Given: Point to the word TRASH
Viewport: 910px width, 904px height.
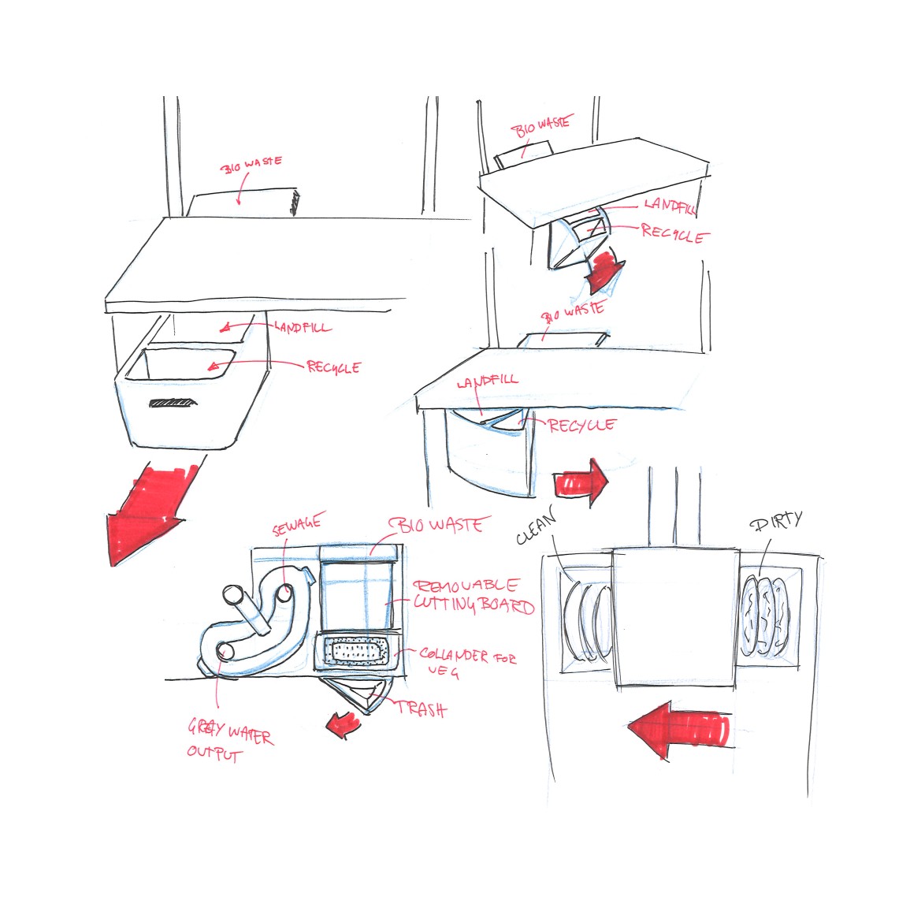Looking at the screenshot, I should click(421, 709).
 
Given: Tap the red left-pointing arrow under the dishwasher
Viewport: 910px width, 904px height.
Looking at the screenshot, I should click(678, 730).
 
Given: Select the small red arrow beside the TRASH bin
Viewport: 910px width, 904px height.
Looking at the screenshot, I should click(342, 722).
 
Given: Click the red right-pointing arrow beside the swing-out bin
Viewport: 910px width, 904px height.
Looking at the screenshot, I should click(581, 481).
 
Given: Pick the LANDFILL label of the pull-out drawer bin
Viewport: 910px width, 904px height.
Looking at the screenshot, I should click(303, 328).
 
